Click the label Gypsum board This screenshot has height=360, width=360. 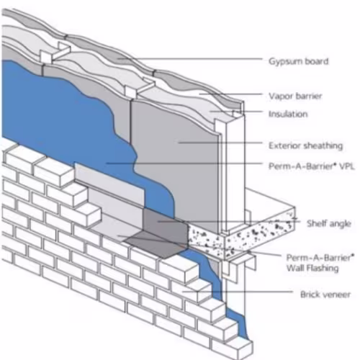298,61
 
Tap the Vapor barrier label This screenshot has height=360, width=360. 295,96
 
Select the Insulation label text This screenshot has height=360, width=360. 288,114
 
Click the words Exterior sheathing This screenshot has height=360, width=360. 305,145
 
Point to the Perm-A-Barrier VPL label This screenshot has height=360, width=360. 312,166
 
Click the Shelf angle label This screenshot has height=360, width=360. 329,224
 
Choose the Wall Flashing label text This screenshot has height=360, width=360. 312,268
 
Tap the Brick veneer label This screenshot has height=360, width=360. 325,294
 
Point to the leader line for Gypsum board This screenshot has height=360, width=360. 189,58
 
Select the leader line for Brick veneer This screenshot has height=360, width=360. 238,292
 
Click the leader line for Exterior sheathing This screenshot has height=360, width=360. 220,143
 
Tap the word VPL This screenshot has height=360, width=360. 347,166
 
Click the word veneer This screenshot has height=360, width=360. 336,294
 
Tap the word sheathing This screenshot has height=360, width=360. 323,145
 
